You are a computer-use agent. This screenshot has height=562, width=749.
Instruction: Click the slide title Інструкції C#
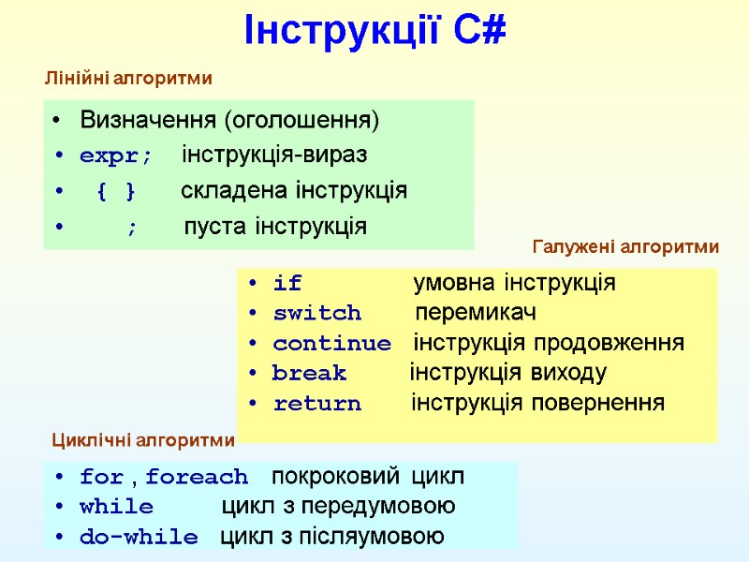(374, 31)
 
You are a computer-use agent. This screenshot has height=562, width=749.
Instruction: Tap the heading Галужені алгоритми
(624, 247)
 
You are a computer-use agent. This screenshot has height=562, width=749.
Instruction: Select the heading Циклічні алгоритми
(141, 440)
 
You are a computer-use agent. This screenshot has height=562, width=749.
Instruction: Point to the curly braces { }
(116, 192)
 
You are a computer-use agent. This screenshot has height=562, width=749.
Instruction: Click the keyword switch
(316, 313)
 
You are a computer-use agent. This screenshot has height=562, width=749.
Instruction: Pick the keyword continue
(331, 343)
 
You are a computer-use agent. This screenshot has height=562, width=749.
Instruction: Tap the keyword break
(309, 374)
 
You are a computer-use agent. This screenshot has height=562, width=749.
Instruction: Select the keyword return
(316, 404)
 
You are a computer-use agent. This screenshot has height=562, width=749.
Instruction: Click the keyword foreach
(197, 477)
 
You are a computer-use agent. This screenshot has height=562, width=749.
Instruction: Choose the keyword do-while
(139, 538)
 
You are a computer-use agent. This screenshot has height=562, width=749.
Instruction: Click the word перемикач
(477, 313)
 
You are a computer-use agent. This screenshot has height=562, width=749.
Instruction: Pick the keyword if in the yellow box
(287, 283)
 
